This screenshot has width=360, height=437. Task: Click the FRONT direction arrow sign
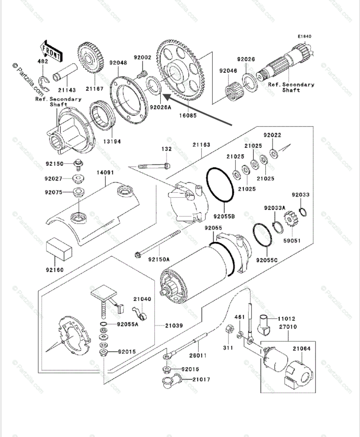[x=51, y=51]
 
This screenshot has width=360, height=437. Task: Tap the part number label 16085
[x=188, y=117]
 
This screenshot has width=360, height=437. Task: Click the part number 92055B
[x=224, y=216]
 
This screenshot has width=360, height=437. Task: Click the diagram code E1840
[x=305, y=36]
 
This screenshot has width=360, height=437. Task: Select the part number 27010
[x=288, y=327]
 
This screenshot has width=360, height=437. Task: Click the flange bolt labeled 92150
[x=78, y=164]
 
